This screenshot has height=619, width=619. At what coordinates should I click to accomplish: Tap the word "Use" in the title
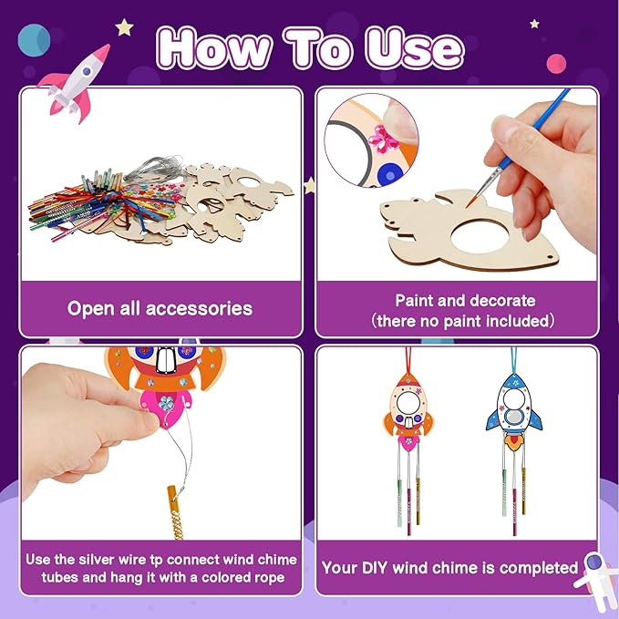click(x=415, y=46)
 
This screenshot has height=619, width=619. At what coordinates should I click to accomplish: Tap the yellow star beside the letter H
click(x=125, y=27)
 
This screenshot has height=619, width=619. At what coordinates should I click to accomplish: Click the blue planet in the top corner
click(x=34, y=39)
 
